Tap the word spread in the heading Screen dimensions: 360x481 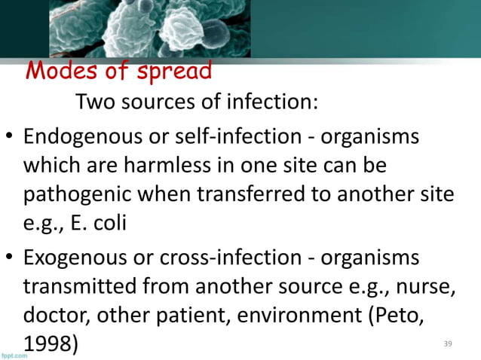[x=173, y=72]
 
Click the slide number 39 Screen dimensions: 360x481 [x=448, y=343]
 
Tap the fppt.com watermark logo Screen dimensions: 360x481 [x=14, y=354]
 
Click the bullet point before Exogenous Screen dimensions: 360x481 [x=9, y=257]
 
